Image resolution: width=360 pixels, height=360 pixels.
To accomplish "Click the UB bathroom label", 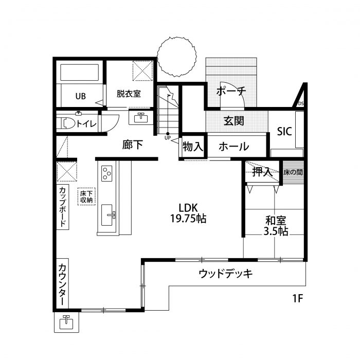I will click(x=80, y=96).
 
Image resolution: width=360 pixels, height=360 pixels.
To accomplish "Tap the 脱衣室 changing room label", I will click(x=129, y=94).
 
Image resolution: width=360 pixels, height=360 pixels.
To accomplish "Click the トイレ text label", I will click(x=86, y=123).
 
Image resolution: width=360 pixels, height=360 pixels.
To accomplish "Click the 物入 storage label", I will click(x=193, y=147).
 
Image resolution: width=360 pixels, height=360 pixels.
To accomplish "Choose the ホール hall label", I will click(x=233, y=147).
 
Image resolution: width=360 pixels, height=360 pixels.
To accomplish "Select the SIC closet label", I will click(x=285, y=132).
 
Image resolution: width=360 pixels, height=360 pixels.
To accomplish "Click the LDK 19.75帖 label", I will click(x=188, y=213).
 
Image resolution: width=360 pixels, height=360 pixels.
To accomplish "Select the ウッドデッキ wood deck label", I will click(x=225, y=274).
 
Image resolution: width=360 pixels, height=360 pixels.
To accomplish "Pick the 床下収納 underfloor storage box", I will click(x=86, y=197).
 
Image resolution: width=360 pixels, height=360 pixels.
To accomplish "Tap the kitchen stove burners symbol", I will click(x=107, y=173).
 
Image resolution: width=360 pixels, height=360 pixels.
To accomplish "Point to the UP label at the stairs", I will click(x=168, y=138).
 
